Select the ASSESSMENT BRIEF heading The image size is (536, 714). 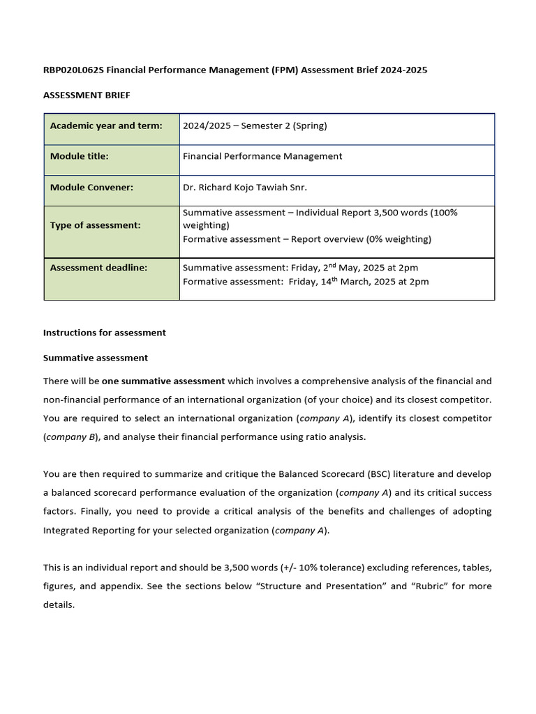[87, 95]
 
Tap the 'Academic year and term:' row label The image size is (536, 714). [106, 126]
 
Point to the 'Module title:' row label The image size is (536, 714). [80, 156]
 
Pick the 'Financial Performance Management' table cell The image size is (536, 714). [262, 156]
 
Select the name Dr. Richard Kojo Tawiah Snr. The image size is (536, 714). [244, 187]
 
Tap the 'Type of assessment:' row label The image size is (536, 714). [96, 225]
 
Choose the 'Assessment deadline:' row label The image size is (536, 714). [98, 267]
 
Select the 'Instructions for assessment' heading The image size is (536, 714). [105, 333]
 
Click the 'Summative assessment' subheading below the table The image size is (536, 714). [96, 358]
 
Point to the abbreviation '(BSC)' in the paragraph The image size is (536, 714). [378, 474]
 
